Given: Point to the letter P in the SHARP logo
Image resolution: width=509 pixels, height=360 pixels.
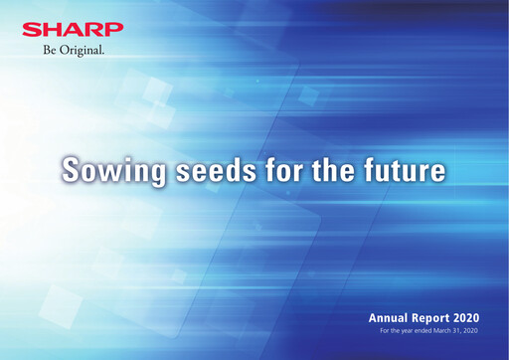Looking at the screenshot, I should coord(115,29).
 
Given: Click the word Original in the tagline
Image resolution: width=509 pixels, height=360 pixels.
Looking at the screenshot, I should coord(85,49).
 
